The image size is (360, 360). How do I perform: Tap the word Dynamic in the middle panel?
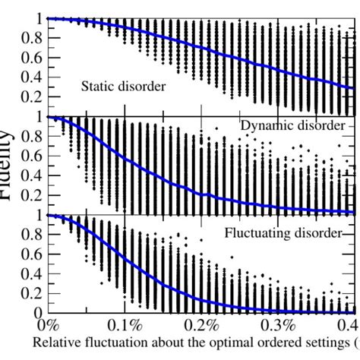click(265, 125)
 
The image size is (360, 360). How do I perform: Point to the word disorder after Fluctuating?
click(310, 233)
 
